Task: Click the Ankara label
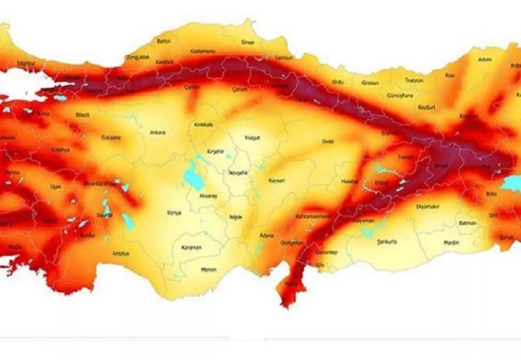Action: coord(158,132)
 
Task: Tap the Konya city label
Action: coord(173,213)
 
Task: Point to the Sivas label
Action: coord(328,141)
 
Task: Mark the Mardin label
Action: coord(451,242)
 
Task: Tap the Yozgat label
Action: coord(251,138)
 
